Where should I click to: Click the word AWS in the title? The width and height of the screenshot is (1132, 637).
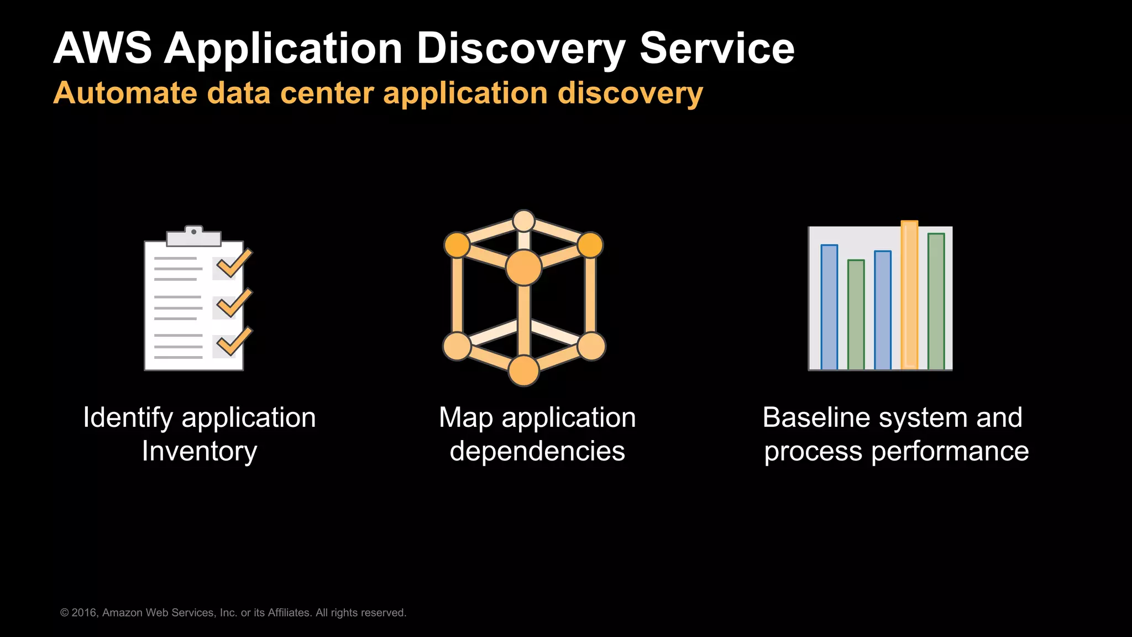click(102, 49)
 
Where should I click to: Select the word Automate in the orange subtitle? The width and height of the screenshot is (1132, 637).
click(124, 93)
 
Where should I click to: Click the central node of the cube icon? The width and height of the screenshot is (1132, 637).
click(523, 268)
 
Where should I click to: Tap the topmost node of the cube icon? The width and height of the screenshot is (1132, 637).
click(523, 221)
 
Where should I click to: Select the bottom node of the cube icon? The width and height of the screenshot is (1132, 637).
click(523, 370)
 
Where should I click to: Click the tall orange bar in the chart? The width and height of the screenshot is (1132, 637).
click(909, 296)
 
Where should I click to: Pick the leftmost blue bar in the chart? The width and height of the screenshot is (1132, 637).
click(829, 307)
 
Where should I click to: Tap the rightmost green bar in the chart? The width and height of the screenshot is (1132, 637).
click(936, 302)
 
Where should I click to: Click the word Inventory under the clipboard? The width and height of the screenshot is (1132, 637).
click(200, 451)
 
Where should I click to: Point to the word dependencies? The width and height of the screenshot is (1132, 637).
click(537, 451)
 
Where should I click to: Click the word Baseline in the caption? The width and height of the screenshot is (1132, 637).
click(809, 417)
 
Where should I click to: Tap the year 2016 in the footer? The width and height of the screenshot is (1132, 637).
click(85, 613)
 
